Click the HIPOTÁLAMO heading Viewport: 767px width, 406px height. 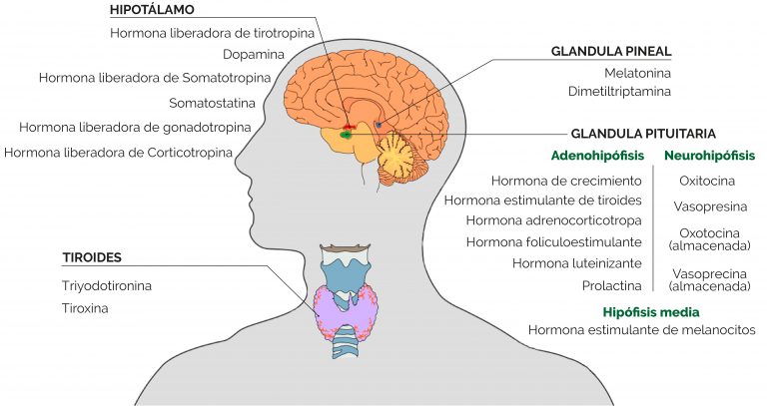point(152,10)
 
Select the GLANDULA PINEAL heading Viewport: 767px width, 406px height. point(611,51)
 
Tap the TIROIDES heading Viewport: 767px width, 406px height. point(92,257)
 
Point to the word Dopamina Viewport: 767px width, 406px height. point(254,54)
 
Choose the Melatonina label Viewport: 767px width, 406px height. point(637,73)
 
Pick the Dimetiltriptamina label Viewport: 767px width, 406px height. point(619,92)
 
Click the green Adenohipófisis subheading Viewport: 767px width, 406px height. point(597,156)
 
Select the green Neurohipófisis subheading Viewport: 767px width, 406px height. point(709,156)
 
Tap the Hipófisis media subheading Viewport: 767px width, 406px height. point(650,312)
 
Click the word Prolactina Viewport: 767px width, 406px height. point(611,286)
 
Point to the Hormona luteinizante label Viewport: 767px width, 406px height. point(576,263)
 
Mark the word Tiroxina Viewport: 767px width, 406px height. point(85,308)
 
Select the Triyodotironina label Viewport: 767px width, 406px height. point(107,286)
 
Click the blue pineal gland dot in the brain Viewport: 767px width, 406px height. point(379,124)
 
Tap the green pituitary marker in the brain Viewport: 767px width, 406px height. point(347,135)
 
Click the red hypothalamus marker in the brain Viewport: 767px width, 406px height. point(348,127)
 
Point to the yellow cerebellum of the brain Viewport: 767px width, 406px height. point(397,157)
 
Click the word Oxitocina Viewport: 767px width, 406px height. point(707,181)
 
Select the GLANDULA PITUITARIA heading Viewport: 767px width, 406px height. point(643,134)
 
